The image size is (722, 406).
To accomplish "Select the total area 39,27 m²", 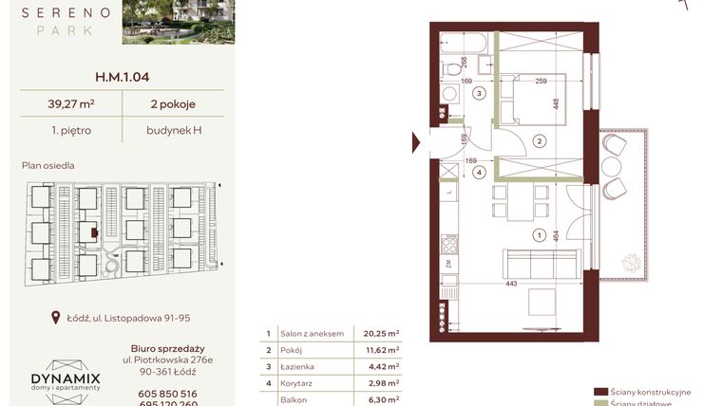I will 65,104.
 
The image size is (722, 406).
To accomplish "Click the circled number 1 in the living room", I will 539,235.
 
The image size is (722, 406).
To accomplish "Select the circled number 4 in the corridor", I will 481,173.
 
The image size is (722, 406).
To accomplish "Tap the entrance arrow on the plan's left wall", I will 416,142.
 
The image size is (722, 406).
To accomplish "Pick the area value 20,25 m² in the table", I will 380,334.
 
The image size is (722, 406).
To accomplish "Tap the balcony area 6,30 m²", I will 380,399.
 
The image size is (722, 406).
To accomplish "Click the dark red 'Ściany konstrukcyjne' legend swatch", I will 599,391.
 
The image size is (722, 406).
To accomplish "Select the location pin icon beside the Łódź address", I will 57,319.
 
